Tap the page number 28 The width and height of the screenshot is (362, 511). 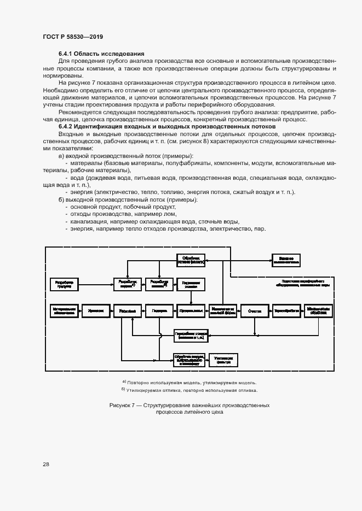tap(46, 464)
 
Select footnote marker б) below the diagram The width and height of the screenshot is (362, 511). tap(123, 390)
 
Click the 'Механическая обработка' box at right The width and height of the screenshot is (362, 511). tap(319, 310)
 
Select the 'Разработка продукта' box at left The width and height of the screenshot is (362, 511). tap(65, 283)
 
